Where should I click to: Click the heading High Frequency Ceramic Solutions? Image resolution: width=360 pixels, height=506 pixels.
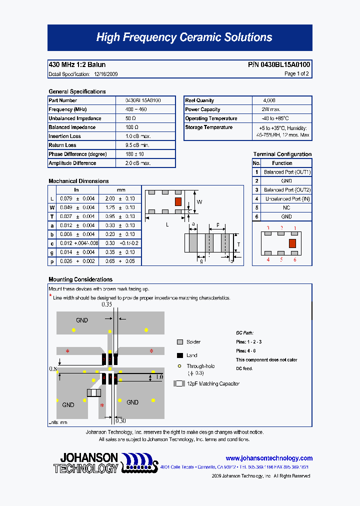pyautogui.click(x=184, y=37)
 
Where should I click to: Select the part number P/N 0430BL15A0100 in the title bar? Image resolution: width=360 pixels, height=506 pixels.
pyautogui.click(x=279, y=64)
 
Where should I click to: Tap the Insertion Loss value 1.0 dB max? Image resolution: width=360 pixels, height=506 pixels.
pyautogui.click(x=137, y=136)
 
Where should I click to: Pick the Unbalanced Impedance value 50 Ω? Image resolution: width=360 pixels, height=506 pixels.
pyautogui.click(x=130, y=118)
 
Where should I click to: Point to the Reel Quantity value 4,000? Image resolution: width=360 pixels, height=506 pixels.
pyautogui.click(x=269, y=100)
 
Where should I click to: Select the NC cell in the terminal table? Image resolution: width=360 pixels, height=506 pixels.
pyautogui.click(x=286, y=208)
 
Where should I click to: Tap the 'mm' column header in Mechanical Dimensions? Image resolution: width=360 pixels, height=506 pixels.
pyautogui.click(x=120, y=190)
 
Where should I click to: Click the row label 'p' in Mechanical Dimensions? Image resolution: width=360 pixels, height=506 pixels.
pyautogui.click(x=52, y=261)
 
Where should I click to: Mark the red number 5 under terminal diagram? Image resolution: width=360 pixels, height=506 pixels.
pyautogui.click(x=281, y=259)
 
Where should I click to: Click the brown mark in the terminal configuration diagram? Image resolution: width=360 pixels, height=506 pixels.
pyautogui.click(x=292, y=243)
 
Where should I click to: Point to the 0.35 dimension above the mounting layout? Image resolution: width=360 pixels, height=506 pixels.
pyautogui.click(x=106, y=304)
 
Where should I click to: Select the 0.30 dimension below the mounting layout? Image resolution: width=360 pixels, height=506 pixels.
pyautogui.click(x=120, y=421)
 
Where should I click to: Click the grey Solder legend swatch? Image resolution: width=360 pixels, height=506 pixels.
pyautogui.click(x=180, y=342)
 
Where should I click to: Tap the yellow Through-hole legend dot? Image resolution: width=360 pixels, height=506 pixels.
pyautogui.click(x=180, y=366)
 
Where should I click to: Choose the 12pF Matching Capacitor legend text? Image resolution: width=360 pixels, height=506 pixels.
pyautogui.click(x=213, y=383)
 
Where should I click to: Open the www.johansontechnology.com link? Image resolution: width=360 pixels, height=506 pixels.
pyautogui.click(x=269, y=458)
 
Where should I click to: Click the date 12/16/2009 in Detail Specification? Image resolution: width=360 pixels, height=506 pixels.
pyautogui.click(x=106, y=74)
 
